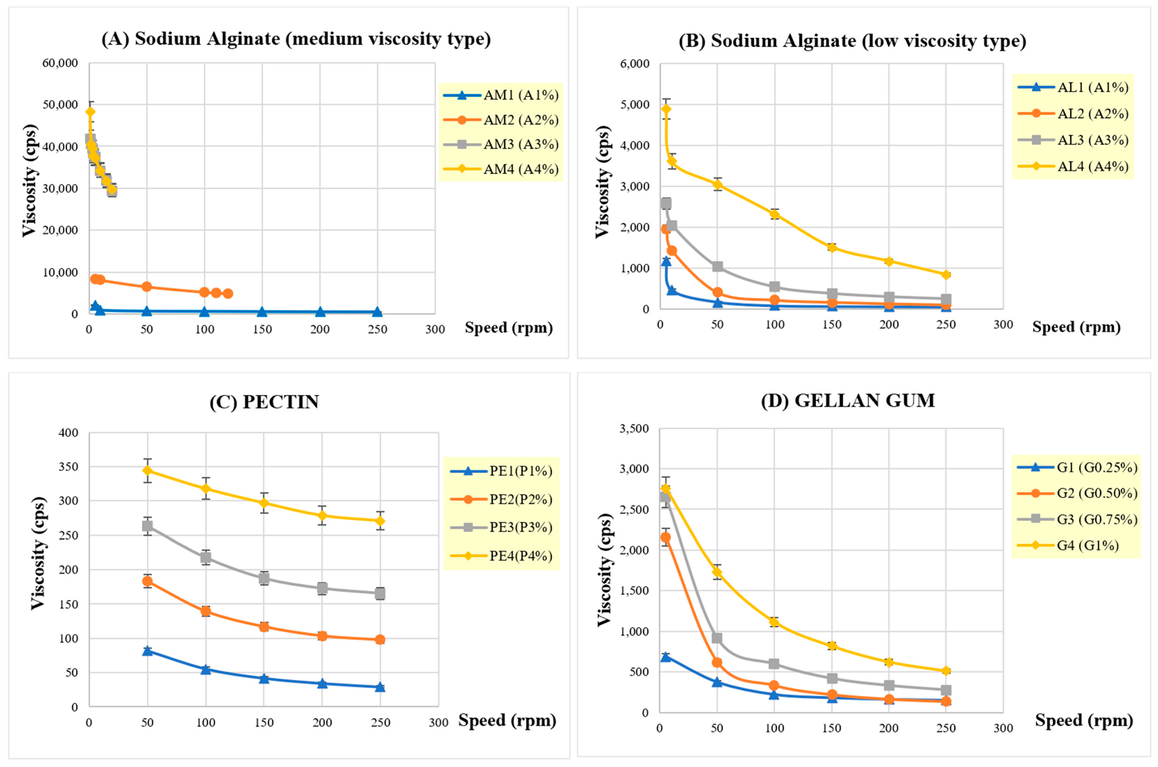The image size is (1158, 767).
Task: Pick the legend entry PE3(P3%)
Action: click(521, 527)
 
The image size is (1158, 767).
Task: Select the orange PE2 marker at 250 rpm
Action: click(380, 639)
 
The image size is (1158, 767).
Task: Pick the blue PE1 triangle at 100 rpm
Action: click(206, 669)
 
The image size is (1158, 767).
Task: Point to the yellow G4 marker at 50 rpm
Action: click(717, 572)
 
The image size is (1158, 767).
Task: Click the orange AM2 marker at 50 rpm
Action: click(146, 287)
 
